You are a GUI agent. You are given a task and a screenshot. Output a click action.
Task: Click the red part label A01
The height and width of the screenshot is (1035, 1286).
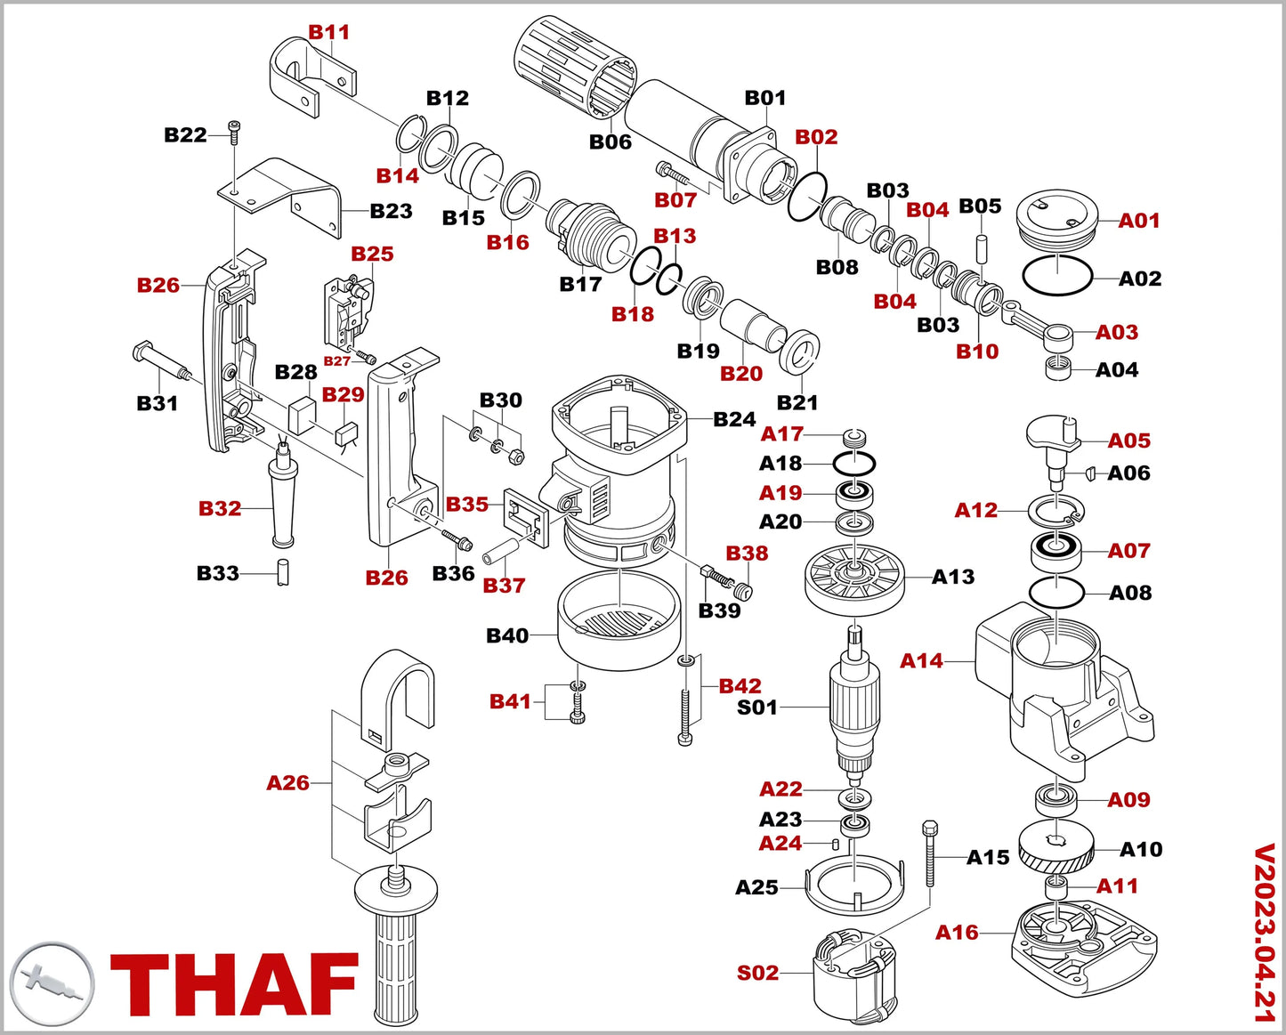1138,221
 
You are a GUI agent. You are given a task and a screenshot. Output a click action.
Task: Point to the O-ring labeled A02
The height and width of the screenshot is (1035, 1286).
1057,276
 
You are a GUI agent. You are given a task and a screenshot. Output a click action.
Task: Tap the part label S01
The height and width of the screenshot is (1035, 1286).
757,708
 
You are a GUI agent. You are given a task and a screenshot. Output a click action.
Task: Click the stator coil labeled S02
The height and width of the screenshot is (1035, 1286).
854,974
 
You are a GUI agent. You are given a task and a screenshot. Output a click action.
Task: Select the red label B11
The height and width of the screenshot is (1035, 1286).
329,32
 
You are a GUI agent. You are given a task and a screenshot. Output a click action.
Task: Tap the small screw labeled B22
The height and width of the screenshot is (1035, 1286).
235,132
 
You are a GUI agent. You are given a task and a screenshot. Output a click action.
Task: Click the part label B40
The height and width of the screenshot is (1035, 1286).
507,635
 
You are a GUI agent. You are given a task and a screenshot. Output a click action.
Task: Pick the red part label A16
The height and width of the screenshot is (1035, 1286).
957,933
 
